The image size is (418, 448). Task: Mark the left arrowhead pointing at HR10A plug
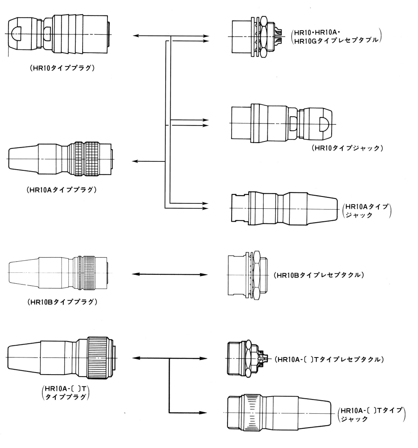click(137, 161)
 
